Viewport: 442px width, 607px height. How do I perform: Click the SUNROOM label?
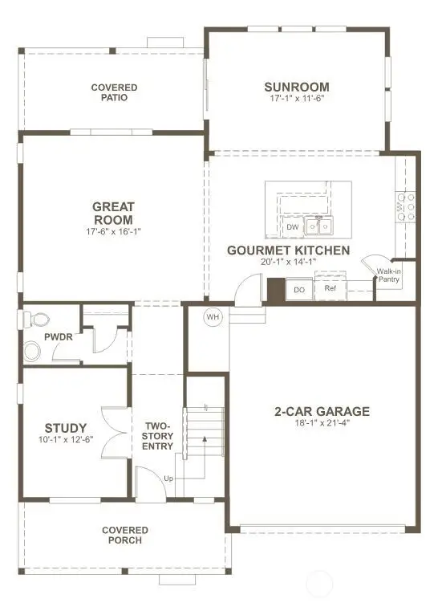[297, 87]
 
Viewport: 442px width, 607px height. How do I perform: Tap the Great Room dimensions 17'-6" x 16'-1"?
[113, 231]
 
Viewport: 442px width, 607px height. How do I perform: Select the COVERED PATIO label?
[114, 92]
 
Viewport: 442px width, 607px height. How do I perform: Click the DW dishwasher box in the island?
[293, 227]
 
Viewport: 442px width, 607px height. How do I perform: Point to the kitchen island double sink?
[318, 226]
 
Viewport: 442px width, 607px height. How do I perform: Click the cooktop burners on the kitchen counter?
[405, 207]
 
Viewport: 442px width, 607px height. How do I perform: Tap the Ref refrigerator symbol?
[330, 288]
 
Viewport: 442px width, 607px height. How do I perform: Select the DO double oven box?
[299, 289]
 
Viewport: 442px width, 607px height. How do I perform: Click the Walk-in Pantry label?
[388, 275]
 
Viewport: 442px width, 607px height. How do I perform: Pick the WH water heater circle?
[213, 317]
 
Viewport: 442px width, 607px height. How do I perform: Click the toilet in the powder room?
[36, 320]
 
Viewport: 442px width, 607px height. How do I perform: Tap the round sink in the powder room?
[32, 351]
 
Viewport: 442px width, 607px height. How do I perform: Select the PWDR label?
[59, 336]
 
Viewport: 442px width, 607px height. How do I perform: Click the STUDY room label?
[66, 428]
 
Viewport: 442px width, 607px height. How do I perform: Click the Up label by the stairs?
[168, 479]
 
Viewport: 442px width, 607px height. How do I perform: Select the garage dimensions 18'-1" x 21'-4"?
[322, 422]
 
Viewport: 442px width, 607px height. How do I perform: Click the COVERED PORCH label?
[125, 535]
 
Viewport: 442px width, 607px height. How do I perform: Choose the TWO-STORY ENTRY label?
[157, 436]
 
